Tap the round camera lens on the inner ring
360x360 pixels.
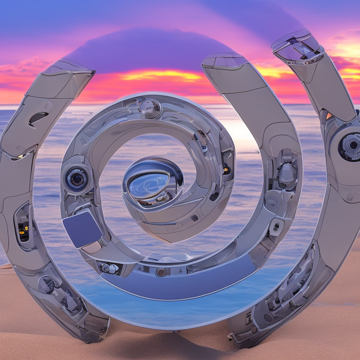pos(76,179)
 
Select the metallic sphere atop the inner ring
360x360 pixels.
pos(150,108)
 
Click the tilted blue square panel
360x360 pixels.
pos(82,228)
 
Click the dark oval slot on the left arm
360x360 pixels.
pos(38,118)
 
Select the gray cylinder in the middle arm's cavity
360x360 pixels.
pos(287,173)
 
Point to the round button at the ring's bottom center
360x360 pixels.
pos(161,272)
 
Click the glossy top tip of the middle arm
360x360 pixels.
pos(225,60)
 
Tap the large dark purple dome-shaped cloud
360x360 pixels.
pos(150,49)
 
